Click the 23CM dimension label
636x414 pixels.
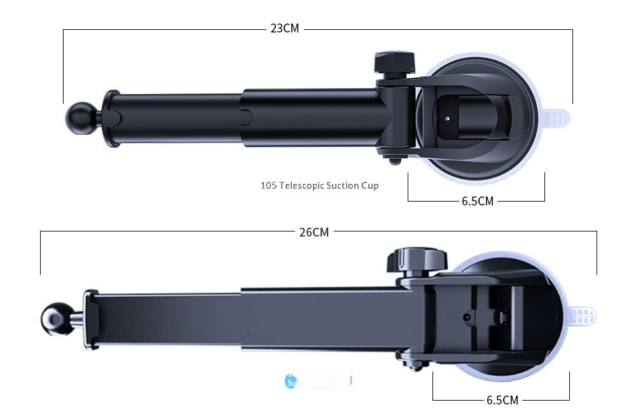click(284, 29)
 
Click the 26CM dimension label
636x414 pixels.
click(314, 232)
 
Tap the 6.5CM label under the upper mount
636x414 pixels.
click(477, 201)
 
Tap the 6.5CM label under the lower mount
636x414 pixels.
click(502, 400)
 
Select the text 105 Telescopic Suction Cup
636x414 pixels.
click(319, 186)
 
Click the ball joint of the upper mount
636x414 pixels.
click(79, 118)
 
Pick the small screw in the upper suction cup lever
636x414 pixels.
click(448, 118)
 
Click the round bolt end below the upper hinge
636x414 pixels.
click(396, 161)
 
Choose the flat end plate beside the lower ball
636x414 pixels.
click(91, 320)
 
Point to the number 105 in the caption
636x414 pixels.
click(268, 186)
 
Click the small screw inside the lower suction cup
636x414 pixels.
click(468, 316)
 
